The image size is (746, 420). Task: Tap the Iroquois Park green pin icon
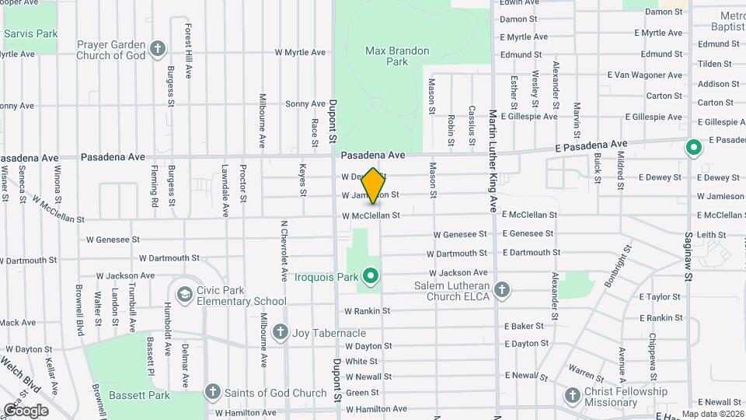click(x=371, y=275)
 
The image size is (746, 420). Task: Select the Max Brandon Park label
click(x=397, y=56)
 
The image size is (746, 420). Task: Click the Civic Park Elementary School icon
click(x=184, y=294)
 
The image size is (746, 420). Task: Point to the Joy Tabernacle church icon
click(x=280, y=332)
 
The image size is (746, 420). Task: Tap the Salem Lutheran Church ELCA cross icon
click(x=502, y=290)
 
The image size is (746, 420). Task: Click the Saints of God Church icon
click(x=213, y=390)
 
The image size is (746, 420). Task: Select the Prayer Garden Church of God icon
click(x=158, y=49)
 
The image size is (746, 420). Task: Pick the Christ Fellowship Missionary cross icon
click(x=573, y=396)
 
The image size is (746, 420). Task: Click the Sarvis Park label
click(x=31, y=34)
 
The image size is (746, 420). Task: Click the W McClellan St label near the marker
click(x=371, y=215)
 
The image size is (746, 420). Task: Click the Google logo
click(x=26, y=410)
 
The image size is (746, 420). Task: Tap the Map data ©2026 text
click(x=712, y=414)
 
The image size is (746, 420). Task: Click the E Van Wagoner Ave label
click(x=645, y=75)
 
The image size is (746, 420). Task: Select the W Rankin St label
click(x=367, y=311)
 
